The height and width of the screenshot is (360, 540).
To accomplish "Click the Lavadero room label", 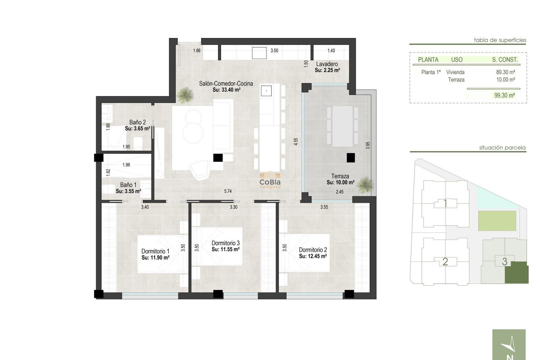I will pyautogui.click(x=327, y=64).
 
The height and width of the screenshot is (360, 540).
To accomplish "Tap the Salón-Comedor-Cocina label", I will pyautogui.click(x=226, y=84).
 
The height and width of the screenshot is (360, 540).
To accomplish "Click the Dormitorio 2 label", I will pyautogui.click(x=313, y=250).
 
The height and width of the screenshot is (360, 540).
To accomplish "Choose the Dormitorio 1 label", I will pyautogui.click(x=155, y=251).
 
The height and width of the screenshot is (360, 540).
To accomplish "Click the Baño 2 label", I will pyautogui.click(x=138, y=122).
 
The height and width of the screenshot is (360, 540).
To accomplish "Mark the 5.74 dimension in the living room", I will pyautogui.click(x=228, y=191).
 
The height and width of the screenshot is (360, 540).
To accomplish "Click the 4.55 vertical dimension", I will pyautogui.click(x=296, y=141).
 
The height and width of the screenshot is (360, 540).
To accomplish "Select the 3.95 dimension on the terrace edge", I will pyautogui.click(x=368, y=145).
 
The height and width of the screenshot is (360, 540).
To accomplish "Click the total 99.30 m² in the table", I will pyautogui.click(x=505, y=95).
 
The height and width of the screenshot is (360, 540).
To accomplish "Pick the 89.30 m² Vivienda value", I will pyautogui.click(x=505, y=72).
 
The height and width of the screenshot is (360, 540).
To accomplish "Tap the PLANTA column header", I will pyautogui.click(x=428, y=60).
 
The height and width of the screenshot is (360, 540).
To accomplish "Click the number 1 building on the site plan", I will pyautogui.click(x=445, y=203).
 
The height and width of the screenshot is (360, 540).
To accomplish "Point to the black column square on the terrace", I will pyautogui.click(x=351, y=158).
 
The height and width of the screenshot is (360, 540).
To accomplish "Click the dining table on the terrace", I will pyautogui.click(x=342, y=126).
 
